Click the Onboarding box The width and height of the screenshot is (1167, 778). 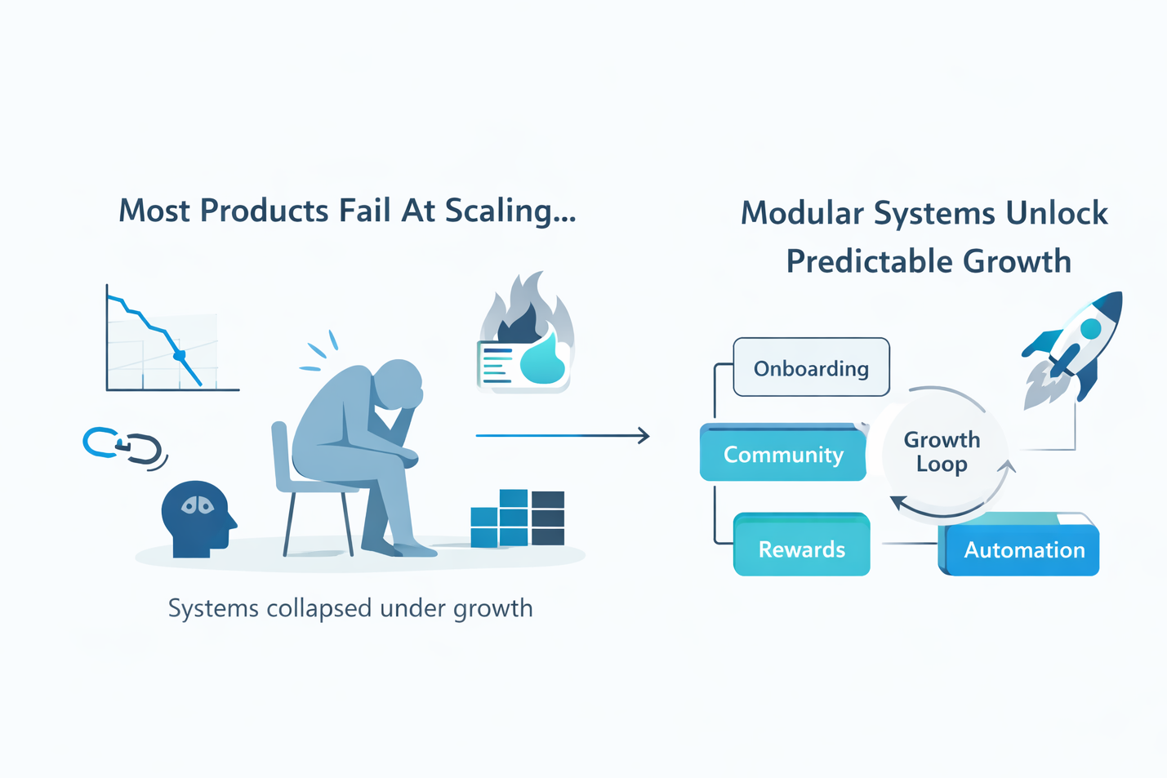tap(811, 368)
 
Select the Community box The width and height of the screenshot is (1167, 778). tap(783, 454)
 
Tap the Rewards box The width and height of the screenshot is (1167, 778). tap(801, 549)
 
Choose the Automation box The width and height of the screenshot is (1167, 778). tap(1024, 549)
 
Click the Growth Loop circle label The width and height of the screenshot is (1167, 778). tap(942, 451)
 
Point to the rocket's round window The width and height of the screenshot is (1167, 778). tap(1089, 329)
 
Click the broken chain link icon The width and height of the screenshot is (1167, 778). tap(124, 447)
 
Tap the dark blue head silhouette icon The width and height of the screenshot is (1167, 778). tap(196, 518)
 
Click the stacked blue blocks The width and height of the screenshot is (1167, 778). tap(518, 518)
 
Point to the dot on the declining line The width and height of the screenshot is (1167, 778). tap(180, 355)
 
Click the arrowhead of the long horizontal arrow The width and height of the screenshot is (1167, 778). tap(644, 436)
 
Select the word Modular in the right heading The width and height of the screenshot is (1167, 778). tap(802, 214)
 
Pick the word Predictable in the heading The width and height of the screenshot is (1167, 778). tap(868, 262)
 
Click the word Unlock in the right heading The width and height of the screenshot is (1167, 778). tap(1056, 214)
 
